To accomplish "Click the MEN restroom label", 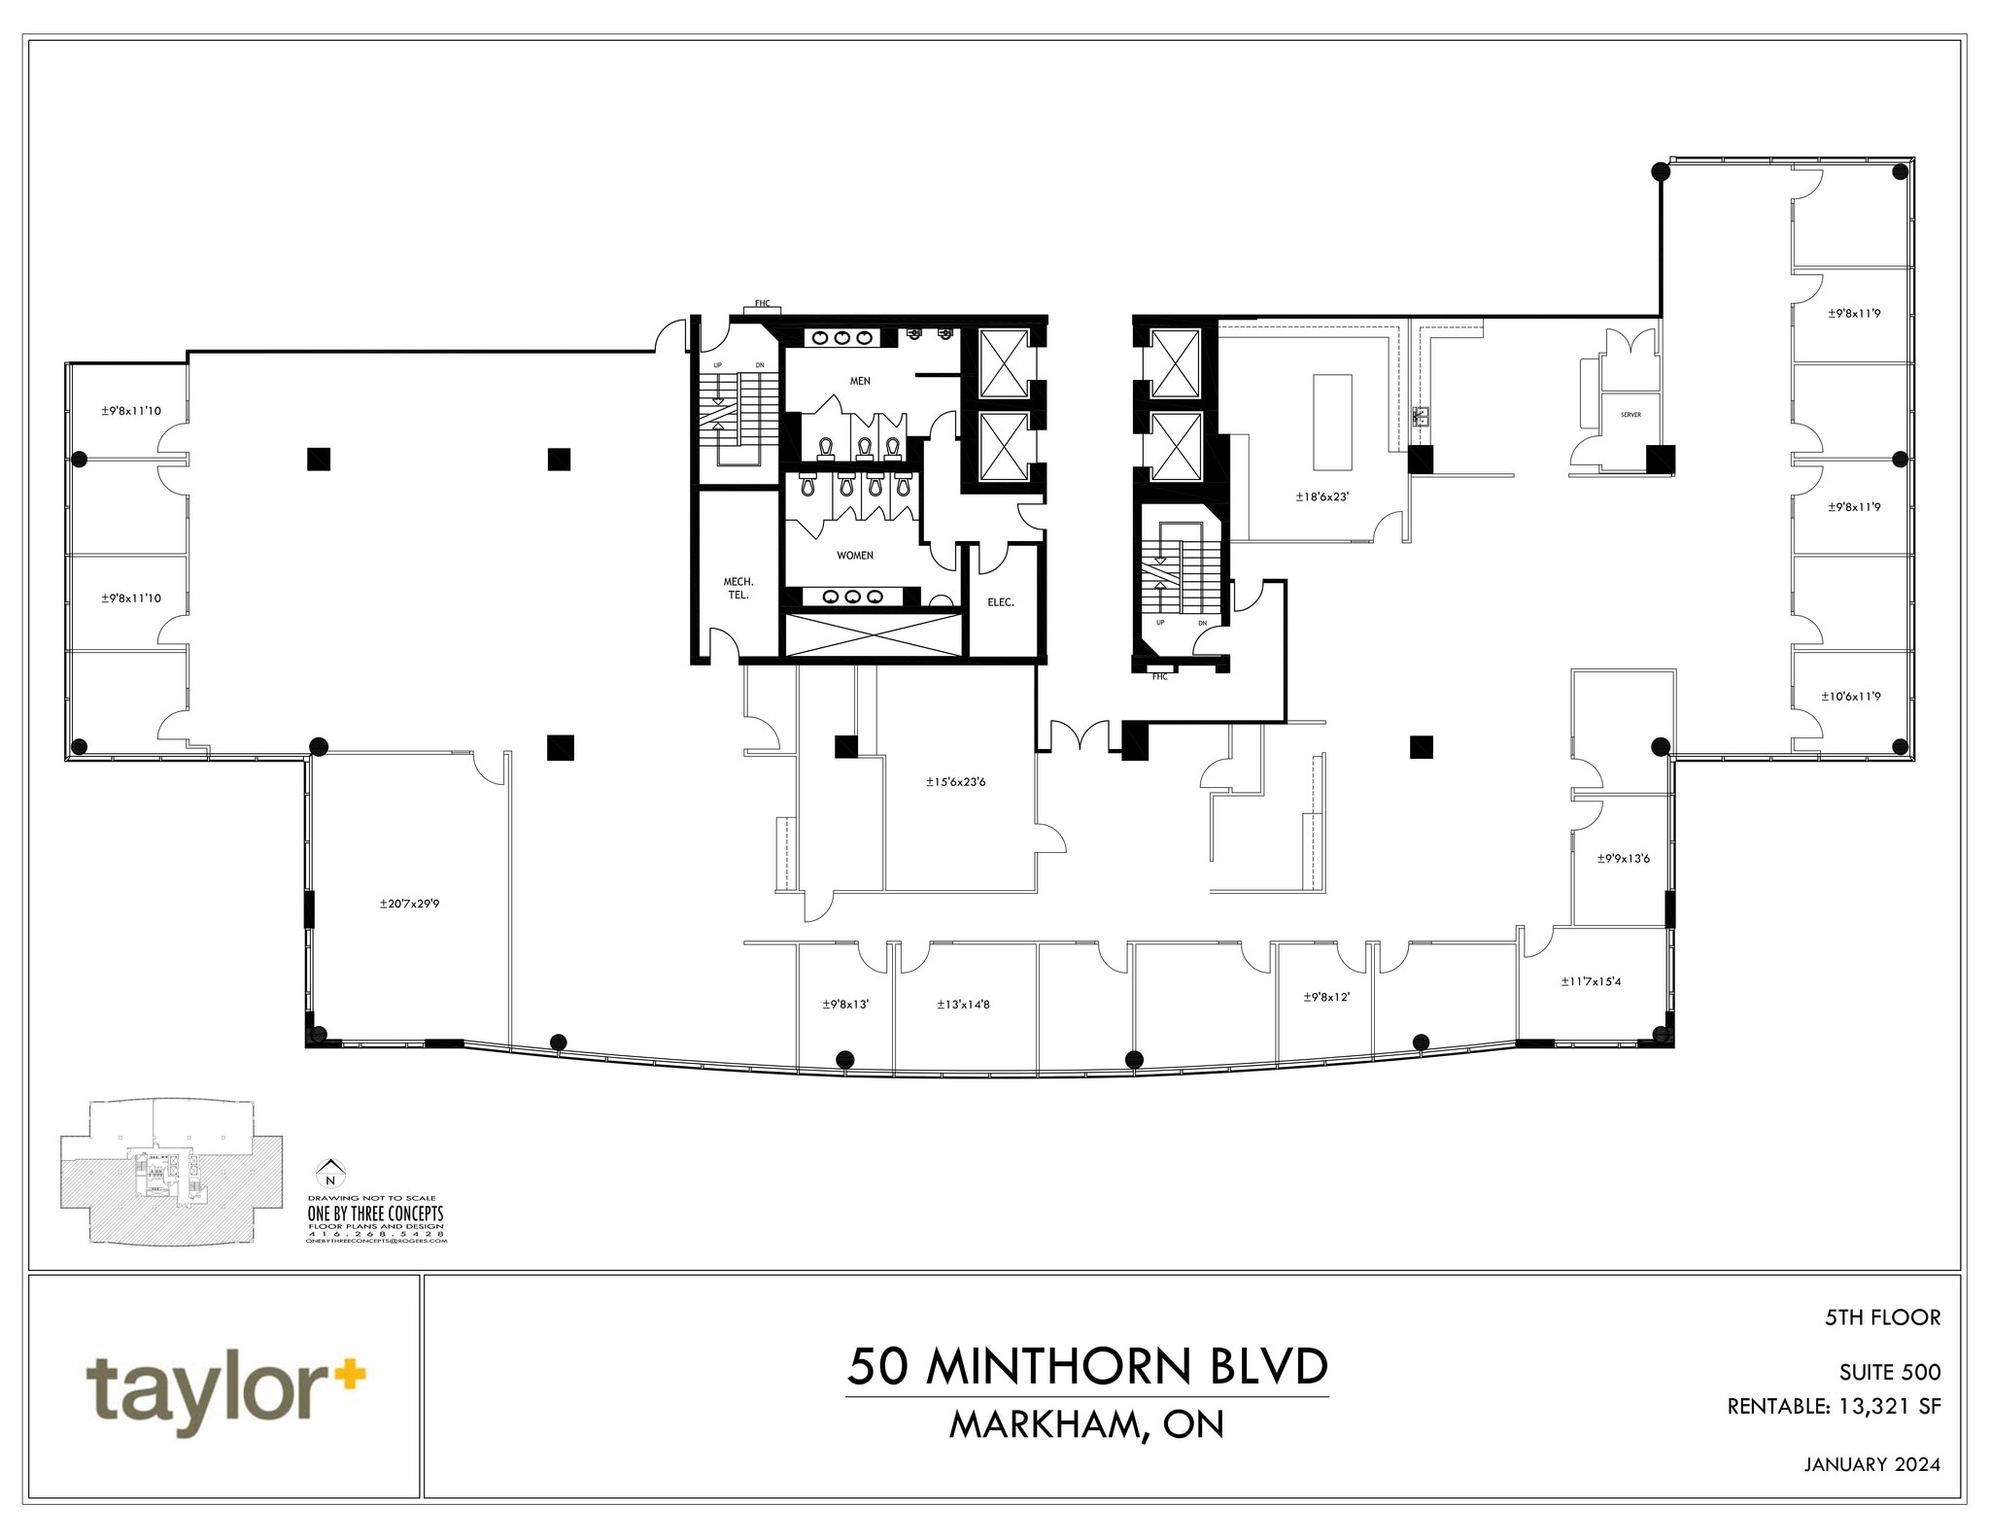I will (860, 381).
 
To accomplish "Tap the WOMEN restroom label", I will (855, 556).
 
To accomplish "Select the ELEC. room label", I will (1001, 602).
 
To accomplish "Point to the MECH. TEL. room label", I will (738, 589).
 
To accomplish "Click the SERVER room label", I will (1630, 415).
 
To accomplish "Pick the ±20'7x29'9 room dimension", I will (409, 904).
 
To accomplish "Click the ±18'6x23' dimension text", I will (1322, 496).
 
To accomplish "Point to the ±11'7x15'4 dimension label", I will (1591, 981).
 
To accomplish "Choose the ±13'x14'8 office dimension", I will (963, 1005).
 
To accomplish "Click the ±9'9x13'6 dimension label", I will (1623, 858).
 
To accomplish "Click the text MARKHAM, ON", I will (1086, 1424).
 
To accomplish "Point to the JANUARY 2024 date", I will (1871, 1491).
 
